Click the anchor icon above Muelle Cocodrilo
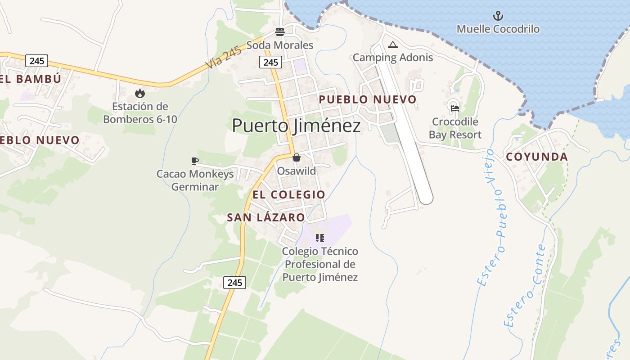[498, 16]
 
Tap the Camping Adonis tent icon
[393, 45]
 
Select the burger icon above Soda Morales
[280, 32]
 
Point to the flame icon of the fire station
[140, 93]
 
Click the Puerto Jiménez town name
[296, 126]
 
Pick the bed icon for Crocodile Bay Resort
[455, 108]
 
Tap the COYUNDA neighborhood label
[537, 157]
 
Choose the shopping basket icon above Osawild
[297, 157]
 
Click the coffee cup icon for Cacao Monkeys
[195, 161]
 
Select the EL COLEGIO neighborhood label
[288, 194]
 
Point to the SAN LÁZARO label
[265, 217]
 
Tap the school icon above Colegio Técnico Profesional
[319, 238]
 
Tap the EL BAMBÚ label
[31, 79]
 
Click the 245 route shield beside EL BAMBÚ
[36, 61]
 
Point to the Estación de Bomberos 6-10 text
[140, 113]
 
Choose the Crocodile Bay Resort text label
[455, 128]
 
